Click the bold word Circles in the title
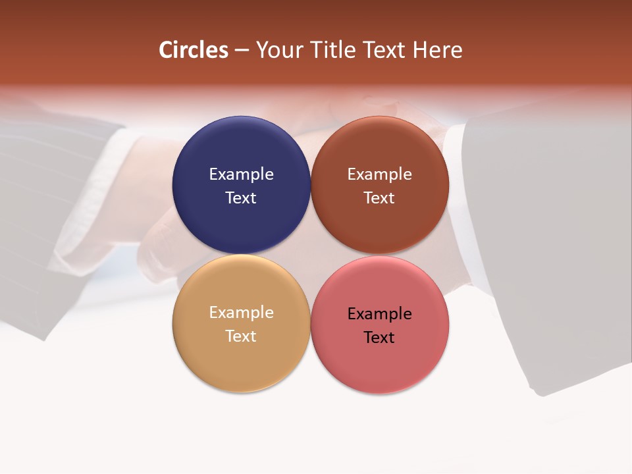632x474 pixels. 194,50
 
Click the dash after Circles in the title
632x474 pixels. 242,51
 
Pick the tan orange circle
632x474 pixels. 241,359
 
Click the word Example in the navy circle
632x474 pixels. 241,174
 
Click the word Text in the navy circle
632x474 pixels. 241,197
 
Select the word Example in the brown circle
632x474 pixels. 380,174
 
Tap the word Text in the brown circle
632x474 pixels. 380,197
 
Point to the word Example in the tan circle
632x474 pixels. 241,312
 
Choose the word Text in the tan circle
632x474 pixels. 241,336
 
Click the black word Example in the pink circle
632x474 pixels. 380,313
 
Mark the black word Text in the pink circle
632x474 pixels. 380,337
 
